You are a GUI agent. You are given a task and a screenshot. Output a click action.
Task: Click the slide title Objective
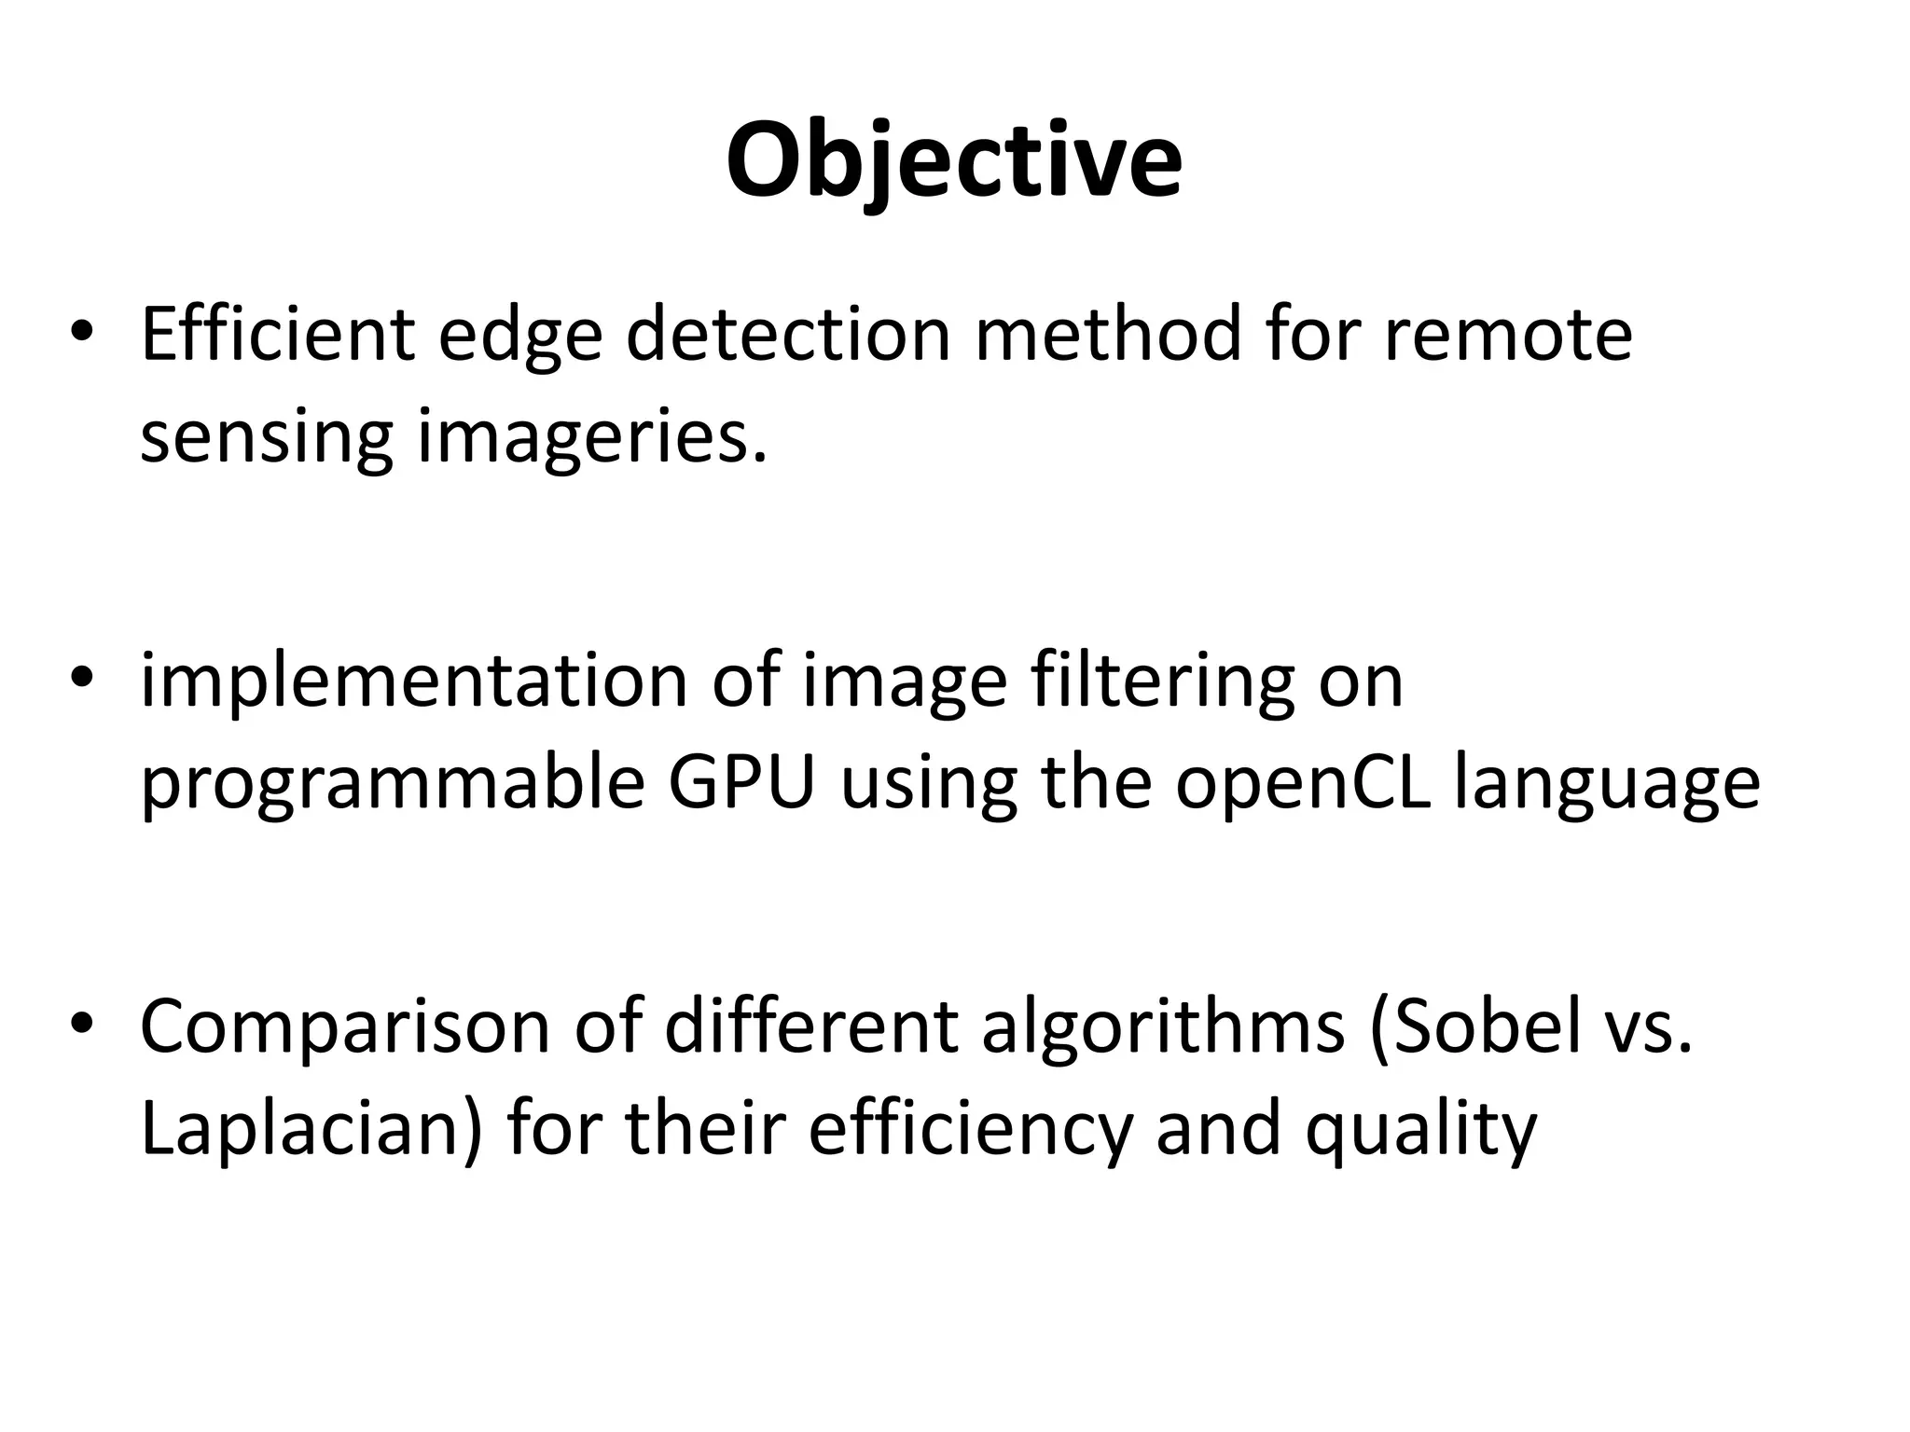[954, 160]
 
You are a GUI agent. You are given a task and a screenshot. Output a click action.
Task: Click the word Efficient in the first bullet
[277, 334]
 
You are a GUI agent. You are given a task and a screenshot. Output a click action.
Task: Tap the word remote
[1507, 334]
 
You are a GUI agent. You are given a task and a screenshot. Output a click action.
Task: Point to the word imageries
[592, 436]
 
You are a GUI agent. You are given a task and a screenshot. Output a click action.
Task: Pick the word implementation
[414, 681]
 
